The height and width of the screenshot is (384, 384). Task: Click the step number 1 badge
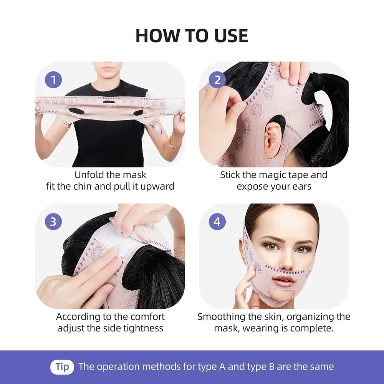[53, 80]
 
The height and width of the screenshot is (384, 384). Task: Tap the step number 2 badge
[217, 80]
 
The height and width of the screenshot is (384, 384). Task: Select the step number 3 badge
[53, 222]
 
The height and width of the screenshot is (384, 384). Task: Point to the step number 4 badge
[217, 222]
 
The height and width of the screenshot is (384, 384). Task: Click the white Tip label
[62, 367]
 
